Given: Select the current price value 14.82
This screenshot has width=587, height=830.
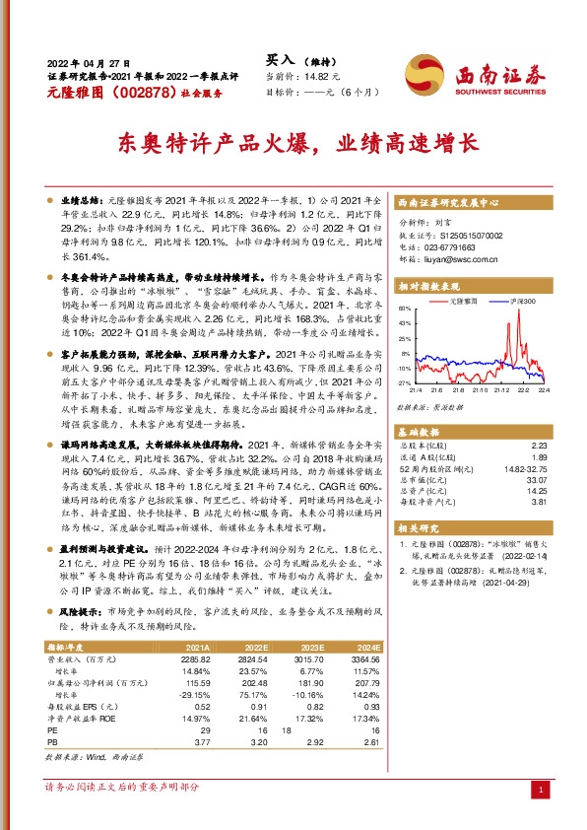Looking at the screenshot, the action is point(317,75).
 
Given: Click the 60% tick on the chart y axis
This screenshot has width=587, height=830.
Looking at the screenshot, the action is point(404,310).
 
